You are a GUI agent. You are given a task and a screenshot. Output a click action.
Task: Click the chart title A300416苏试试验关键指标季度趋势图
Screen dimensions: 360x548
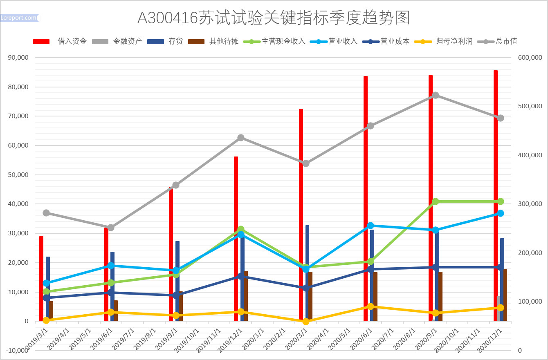click(x=274, y=18)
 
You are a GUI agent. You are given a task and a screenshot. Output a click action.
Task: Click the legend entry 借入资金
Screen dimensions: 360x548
click(x=72, y=41)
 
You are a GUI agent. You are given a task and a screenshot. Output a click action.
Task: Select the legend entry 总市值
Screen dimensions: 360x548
click(x=506, y=41)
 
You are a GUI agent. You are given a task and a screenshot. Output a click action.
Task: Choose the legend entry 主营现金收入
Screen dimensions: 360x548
click(x=283, y=41)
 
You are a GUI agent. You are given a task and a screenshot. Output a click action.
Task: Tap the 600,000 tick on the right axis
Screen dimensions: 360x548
click(x=530, y=58)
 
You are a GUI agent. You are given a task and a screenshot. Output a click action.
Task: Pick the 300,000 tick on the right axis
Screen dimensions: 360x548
click(x=530, y=204)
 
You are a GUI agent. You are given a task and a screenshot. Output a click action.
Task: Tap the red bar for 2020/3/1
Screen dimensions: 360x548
click(x=301, y=215)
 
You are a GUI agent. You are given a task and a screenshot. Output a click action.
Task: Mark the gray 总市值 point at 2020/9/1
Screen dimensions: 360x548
click(x=436, y=95)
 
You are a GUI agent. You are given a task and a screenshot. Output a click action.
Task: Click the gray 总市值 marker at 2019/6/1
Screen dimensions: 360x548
click(x=111, y=228)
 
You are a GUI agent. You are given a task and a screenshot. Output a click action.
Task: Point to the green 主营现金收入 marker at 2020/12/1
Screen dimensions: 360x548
click(x=501, y=201)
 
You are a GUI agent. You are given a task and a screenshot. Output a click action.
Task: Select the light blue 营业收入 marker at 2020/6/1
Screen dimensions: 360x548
click(x=371, y=226)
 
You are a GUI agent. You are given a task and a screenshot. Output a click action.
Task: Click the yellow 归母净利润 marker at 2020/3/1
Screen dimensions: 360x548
click(x=306, y=322)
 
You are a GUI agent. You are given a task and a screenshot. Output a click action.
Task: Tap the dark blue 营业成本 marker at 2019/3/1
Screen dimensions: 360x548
click(x=46, y=298)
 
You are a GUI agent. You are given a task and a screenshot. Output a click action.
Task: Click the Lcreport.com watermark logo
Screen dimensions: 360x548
click(x=20, y=18)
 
